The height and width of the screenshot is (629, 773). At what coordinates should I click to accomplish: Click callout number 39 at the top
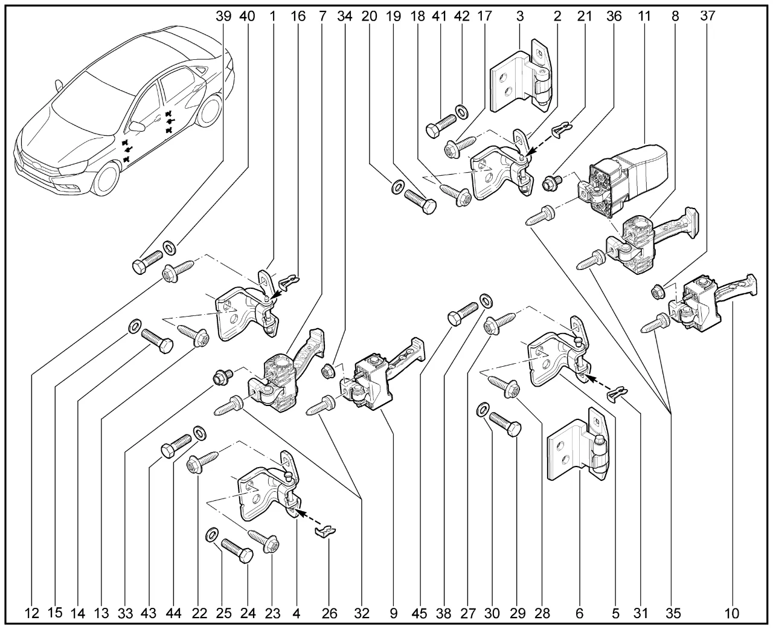tap(223, 16)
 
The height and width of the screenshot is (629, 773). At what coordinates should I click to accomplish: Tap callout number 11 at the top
tap(644, 16)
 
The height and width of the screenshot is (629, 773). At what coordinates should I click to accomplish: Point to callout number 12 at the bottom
tap(32, 613)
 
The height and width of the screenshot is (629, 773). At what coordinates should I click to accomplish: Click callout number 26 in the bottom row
tap(330, 613)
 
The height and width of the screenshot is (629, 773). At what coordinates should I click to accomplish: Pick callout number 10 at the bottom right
tap(731, 613)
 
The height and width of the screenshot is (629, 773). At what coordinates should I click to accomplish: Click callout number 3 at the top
tap(519, 16)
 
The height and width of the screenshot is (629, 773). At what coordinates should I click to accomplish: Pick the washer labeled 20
tap(396, 187)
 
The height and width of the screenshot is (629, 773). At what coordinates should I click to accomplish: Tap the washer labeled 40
tap(169, 247)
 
